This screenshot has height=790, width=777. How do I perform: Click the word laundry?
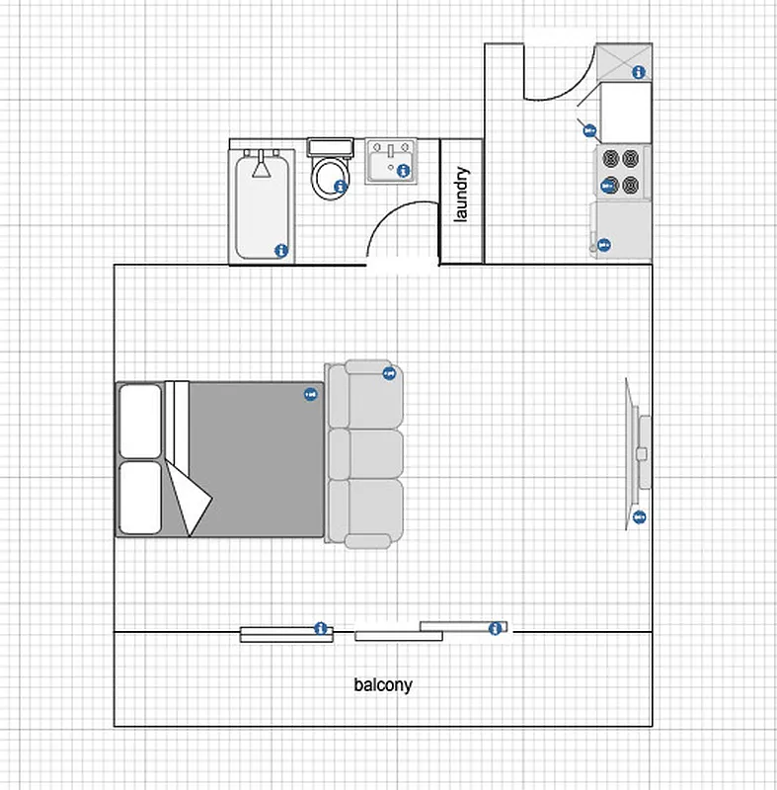(461, 196)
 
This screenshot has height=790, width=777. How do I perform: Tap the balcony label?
(383, 684)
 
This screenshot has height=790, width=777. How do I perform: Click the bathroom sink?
(391, 162)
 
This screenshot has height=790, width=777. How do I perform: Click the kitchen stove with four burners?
(621, 171)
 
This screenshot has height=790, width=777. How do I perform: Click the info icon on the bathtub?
(280, 250)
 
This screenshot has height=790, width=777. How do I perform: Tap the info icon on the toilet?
(341, 186)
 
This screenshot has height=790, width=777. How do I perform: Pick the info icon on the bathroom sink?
(404, 170)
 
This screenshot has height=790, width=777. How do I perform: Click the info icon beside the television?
(639, 516)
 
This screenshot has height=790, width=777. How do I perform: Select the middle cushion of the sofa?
(366, 453)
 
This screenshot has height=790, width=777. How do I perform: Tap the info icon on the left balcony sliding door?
(320, 627)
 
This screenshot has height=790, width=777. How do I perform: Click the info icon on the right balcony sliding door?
(495, 628)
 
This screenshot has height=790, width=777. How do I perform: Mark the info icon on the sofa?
(389, 372)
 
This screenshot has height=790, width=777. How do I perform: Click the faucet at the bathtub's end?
(262, 165)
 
